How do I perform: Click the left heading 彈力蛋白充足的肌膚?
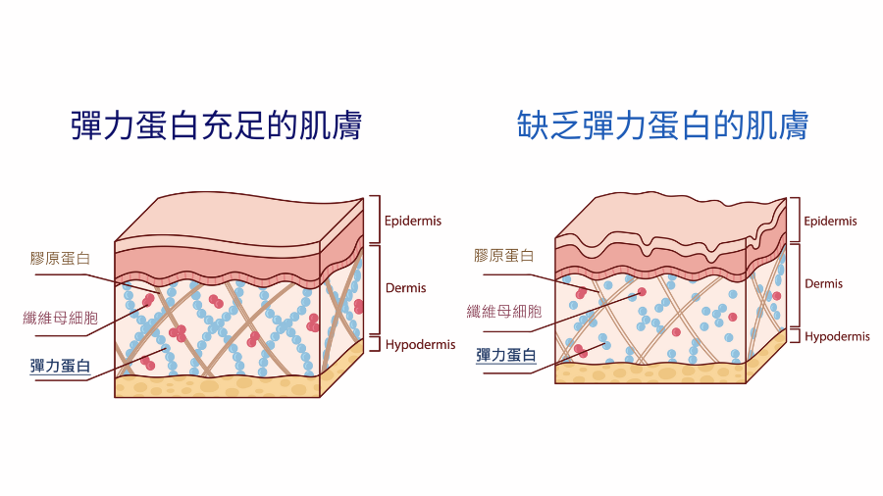click(x=217, y=125)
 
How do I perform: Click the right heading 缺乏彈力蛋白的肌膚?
click(x=663, y=125)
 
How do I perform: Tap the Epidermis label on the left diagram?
click(x=413, y=221)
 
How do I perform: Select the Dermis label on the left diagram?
click(x=406, y=287)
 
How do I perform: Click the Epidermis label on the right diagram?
click(x=830, y=222)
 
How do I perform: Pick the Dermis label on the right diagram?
click(x=823, y=283)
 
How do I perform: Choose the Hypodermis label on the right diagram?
click(x=837, y=336)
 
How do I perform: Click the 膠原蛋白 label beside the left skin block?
click(x=61, y=259)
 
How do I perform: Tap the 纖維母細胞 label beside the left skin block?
click(x=62, y=317)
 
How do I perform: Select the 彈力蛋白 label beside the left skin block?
click(x=61, y=366)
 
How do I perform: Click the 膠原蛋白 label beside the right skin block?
click(x=503, y=255)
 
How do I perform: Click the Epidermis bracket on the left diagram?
click(x=373, y=218)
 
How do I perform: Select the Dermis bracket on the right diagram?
click(x=792, y=283)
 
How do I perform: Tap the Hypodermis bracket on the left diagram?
click(x=374, y=343)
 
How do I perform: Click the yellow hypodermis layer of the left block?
click(x=216, y=386)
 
